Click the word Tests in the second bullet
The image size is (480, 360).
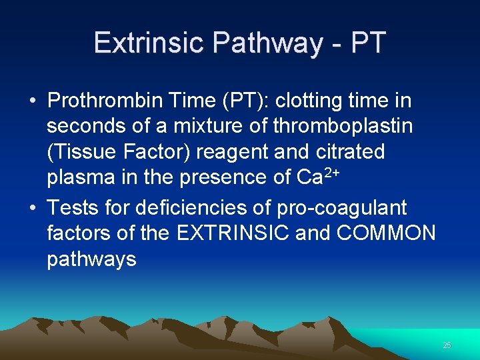coord(74,208)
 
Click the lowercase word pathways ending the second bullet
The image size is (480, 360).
coord(91,259)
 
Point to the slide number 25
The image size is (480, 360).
coord(447,345)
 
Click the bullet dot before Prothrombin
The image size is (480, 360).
coord(32,102)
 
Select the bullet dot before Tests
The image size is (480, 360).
coord(32,209)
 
